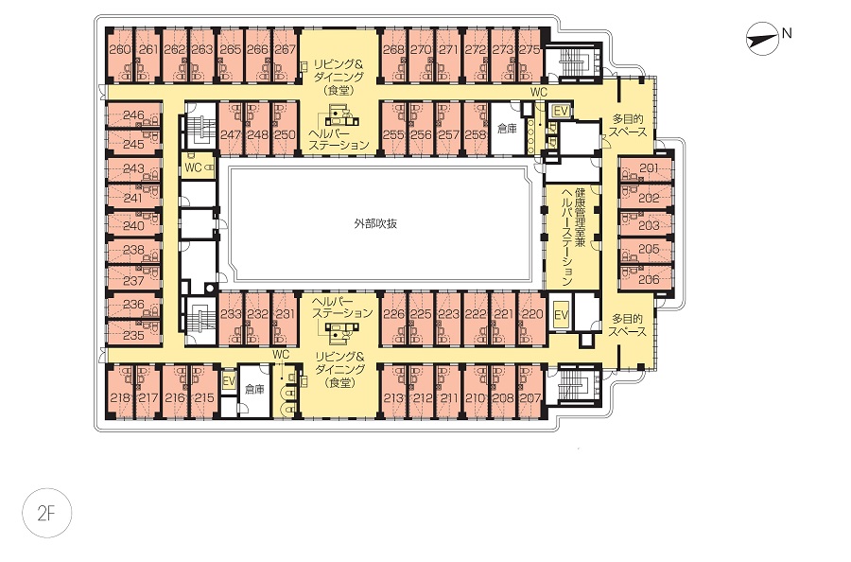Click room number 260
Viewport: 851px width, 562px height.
tap(120, 49)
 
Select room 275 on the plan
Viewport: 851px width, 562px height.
tap(530, 49)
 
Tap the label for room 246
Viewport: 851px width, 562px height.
tap(133, 115)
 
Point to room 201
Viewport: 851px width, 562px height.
tap(649, 168)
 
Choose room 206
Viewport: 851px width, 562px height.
tap(649, 279)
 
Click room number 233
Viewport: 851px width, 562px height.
tap(231, 314)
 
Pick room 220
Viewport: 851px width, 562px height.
tap(532, 314)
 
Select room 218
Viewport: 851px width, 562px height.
tap(120, 398)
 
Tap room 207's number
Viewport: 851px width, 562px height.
tap(530, 398)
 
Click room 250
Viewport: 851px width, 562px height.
tap(285, 134)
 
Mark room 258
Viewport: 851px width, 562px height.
tap(476, 134)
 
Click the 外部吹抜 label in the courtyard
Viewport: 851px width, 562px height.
tap(375, 223)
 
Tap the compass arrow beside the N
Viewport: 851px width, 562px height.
tap(761, 38)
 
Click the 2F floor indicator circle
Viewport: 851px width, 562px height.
tap(46, 513)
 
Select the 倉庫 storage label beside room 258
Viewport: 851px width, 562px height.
tap(507, 130)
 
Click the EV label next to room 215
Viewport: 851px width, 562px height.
tap(229, 381)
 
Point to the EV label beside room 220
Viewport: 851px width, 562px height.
tap(561, 315)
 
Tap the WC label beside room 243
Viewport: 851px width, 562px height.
tap(193, 167)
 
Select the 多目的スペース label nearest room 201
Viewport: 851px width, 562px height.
tap(628, 126)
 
